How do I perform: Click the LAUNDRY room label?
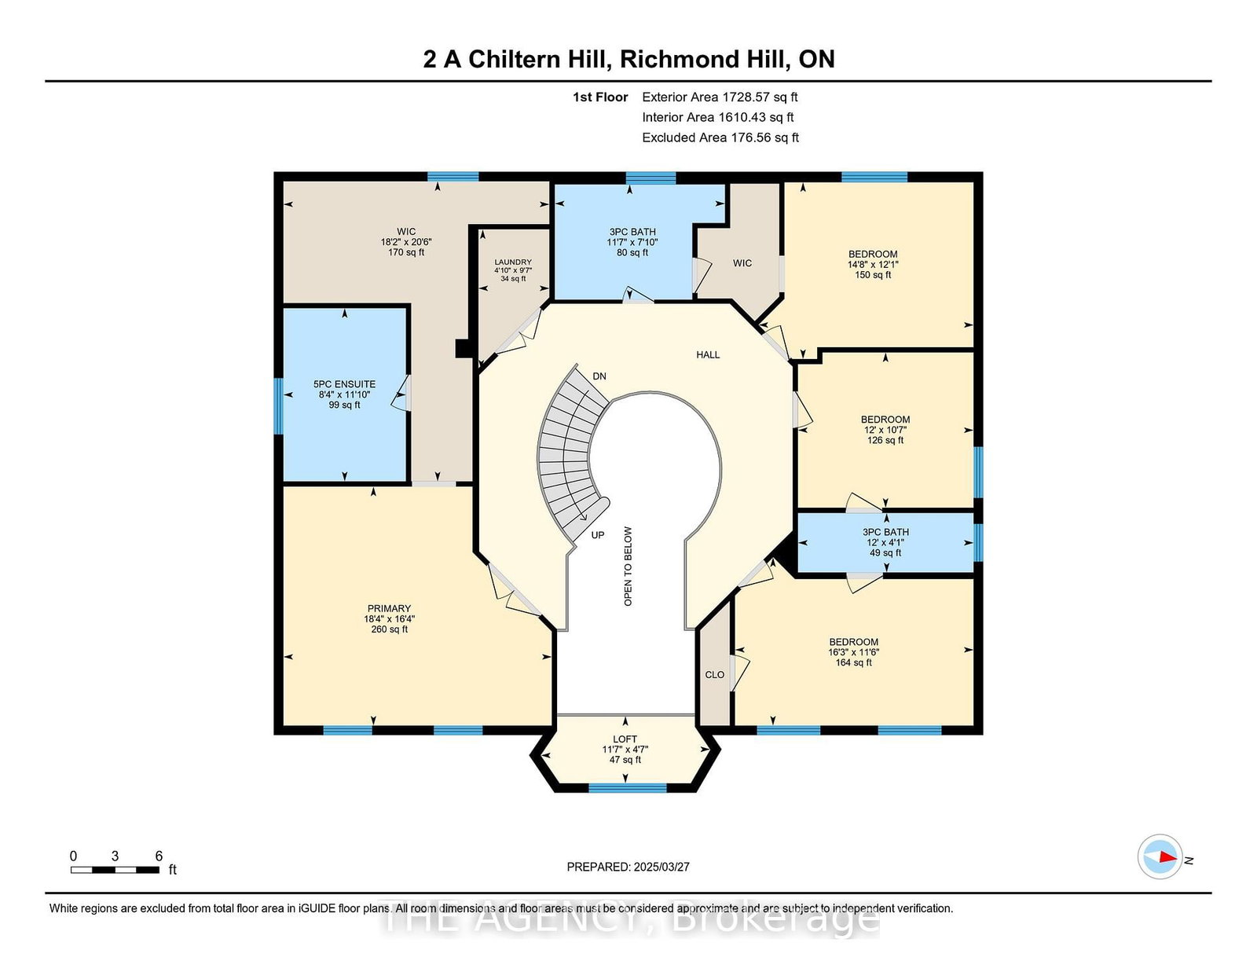point(512,262)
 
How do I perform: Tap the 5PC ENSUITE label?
point(344,384)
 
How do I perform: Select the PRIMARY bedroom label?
point(390,608)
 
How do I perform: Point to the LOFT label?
point(625,739)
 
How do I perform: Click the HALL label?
point(708,354)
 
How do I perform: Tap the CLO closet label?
point(714,675)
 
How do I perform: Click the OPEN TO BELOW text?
point(628,567)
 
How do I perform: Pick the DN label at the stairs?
point(599,376)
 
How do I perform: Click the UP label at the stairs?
point(598,535)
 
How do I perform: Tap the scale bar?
point(115,870)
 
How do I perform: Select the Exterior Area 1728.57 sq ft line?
point(720,97)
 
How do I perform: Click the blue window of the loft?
point(627,787)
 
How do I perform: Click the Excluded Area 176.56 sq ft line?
point(720,138)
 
